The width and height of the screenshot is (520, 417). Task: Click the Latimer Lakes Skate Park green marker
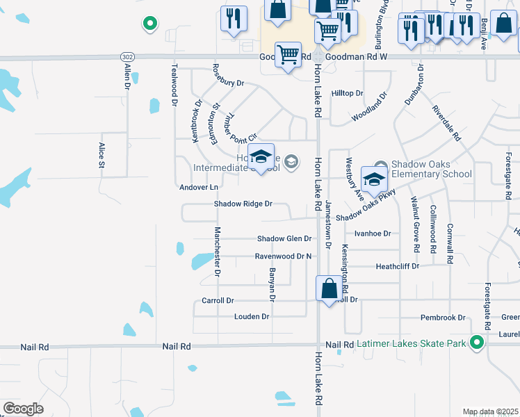[x=476, y=343]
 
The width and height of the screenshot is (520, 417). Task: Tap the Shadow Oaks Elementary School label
[x=431, y=169]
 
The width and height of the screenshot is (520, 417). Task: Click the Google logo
[x=23, y=409]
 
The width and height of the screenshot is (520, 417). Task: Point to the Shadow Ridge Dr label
[x=242, y=204]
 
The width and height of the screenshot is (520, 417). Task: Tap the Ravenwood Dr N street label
[x=282, y=256]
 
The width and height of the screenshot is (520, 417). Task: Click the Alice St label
[x=101, y=155]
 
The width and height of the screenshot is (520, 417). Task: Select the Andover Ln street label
[x=199, y=187]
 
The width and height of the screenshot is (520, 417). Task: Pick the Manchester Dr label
[x=217, y=252]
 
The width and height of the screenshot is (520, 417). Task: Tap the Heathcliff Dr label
[x=398, y=265]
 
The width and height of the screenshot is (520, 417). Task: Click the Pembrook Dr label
[x=443, y=318]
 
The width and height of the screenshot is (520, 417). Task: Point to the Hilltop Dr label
[x=348, y=92]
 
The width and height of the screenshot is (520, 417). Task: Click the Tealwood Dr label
[x=174, y=85]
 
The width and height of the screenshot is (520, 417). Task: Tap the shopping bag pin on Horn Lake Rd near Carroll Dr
[x=328, y=288]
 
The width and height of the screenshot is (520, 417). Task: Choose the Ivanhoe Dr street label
[x=373, y=234]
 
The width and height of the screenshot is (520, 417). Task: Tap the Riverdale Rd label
[x=446, y=123]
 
